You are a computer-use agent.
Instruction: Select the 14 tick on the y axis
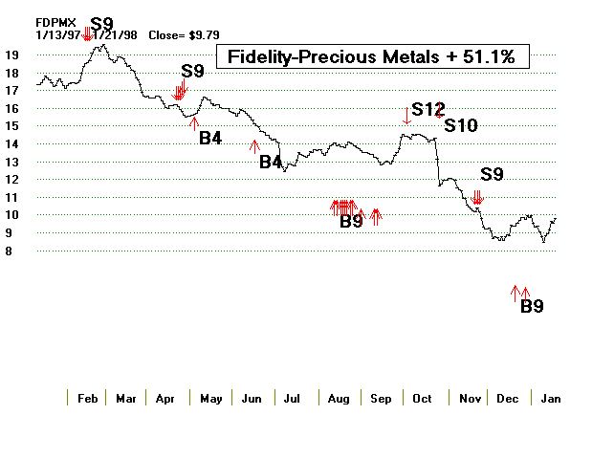tap(11, 144)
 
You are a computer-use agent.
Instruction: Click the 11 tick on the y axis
tap(11, 198)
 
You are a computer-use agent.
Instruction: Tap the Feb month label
tap(88, 398)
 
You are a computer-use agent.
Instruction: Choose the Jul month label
tap(293, 398)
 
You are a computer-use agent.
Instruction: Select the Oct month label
tap(422, 398)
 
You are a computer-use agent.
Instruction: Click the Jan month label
tap(550, 398)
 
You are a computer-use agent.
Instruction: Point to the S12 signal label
tap(428, 109)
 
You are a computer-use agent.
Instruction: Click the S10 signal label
tap(461, 125)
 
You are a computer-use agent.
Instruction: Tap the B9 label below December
tap(532, 307)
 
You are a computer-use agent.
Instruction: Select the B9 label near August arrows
tap(351, 222)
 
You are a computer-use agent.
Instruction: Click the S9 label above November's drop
tap(492, 174)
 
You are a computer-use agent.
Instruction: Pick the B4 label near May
tap(210, 138)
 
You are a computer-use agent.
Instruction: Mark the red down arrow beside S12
tap(407, 117)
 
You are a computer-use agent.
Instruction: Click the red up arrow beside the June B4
tap(253, 145)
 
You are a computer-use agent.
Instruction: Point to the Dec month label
tap(508, 398)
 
